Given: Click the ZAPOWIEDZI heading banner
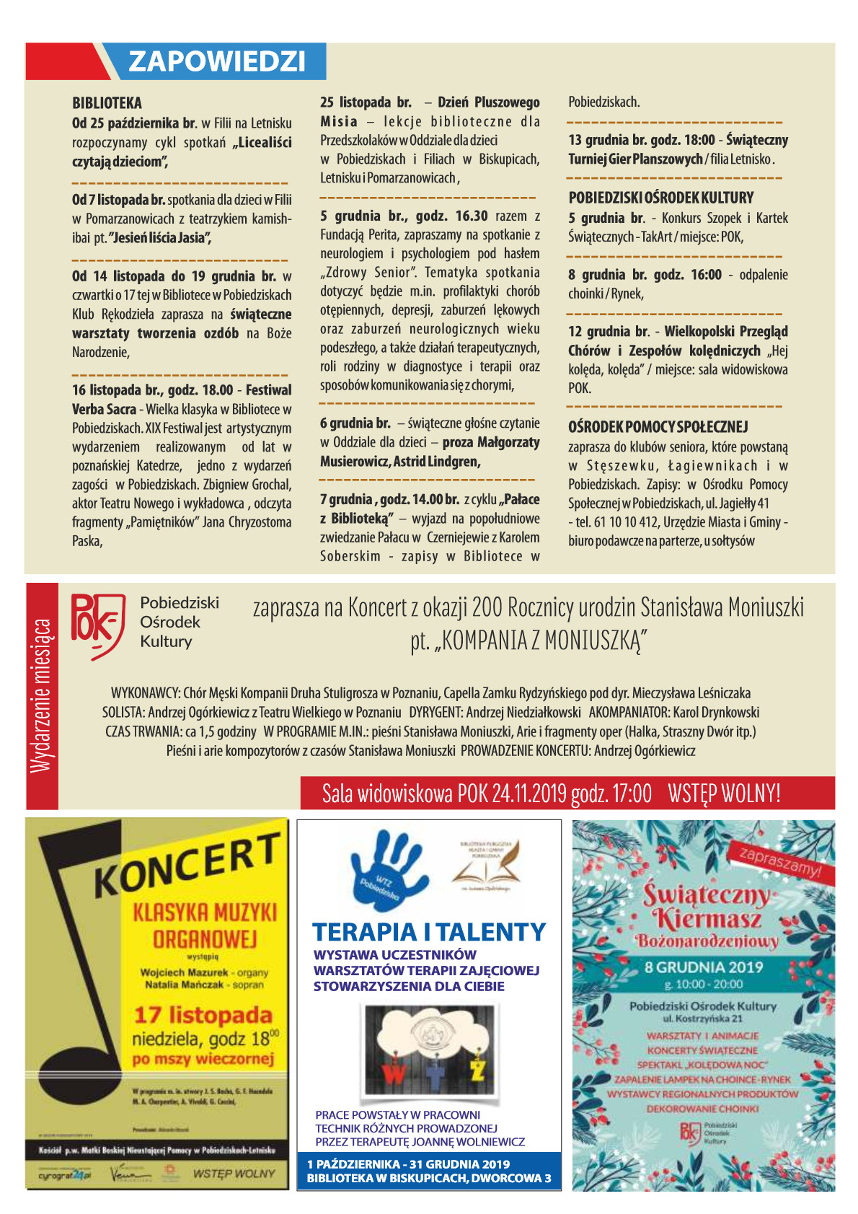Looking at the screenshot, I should (x=216, y=61).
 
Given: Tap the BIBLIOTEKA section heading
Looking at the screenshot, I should (x=107, y=103).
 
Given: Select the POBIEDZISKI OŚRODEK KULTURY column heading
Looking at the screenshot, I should (x=660, y=198).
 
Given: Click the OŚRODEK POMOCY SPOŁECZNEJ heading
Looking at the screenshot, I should (x=658, y=427).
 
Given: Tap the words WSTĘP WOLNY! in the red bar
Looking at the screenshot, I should (x=723, y=793).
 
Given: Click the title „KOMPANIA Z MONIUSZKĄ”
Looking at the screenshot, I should (x=528, y=640).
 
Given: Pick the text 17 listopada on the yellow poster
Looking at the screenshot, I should (x=203, y=1015).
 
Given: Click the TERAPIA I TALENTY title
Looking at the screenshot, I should (x=429, y=932).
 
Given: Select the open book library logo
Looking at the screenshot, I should (x=485, y=866).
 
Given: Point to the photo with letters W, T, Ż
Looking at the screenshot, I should (x=430, y=1054).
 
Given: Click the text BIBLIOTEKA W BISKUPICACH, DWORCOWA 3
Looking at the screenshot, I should (x=429, y=1178).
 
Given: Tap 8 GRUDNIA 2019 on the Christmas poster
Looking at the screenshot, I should (x=703, y=967).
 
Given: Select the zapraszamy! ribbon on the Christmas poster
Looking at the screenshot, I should (x=780, y=861).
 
